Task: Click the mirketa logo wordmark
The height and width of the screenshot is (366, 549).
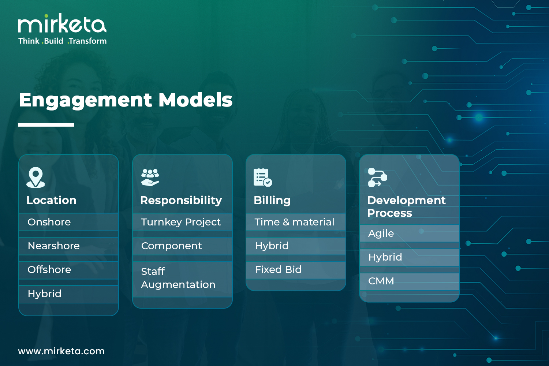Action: click(62, 23)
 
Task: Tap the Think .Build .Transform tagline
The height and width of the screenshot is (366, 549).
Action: click(63, 41)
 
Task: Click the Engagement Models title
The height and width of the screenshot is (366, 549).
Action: click(126, 100)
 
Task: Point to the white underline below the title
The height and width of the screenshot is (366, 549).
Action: click(46, 125)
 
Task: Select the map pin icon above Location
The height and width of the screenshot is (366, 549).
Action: click(36, 178)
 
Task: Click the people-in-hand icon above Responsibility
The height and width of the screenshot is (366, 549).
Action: click(150, 177)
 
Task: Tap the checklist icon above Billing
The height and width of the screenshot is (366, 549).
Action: click(263, 178)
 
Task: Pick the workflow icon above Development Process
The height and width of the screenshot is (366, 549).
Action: click(377, 178)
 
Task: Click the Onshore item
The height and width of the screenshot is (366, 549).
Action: click(49, 222)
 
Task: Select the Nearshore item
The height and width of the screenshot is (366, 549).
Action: click(54, 246)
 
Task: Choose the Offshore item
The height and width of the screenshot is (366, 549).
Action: click(49, 270)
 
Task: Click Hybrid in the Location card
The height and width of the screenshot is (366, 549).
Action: click(44, 294)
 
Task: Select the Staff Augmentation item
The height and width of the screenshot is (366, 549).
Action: click(178, 278)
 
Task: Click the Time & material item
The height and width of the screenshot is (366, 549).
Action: click(294, 222)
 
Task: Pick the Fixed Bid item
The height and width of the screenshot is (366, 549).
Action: click(278, 270)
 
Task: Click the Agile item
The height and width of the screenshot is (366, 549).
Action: click(381, 234)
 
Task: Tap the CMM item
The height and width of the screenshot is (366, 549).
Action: click(381, 281)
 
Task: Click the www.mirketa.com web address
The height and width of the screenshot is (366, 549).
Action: click(61, 351)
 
